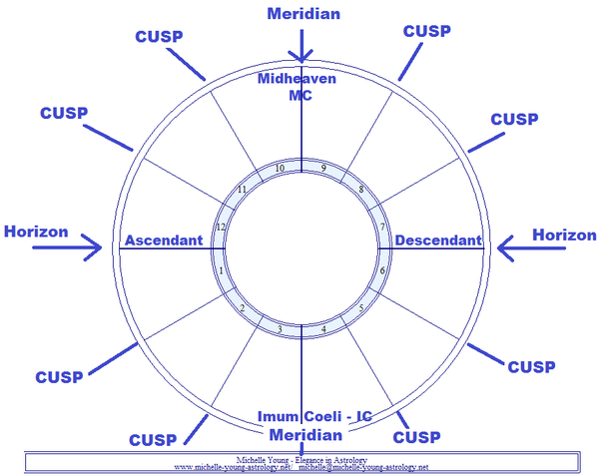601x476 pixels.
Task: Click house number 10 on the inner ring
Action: coord(280,168)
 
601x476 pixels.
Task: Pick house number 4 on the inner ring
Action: coord(321,328)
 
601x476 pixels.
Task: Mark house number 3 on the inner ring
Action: coord(280,329)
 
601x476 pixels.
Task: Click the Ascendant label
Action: coord(163,240)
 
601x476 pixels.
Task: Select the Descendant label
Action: coord(438,240)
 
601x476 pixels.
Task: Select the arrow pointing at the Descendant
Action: coord(510,245)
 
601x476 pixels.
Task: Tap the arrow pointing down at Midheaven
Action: coord(300,48)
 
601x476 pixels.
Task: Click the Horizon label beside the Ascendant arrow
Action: coord(36,232)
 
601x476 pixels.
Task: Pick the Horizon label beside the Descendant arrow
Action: coord(564,235)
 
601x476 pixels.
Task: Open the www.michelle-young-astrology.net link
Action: coord(232,466)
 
